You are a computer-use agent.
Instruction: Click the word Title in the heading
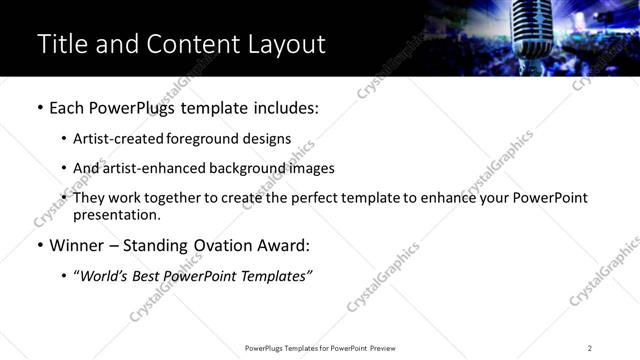click(61, 44)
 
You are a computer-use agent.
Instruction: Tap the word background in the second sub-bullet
click(239, 168)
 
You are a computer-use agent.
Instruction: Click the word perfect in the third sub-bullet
click(306, 198)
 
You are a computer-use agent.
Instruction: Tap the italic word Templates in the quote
click(279, 275)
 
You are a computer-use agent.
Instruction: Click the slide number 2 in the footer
click(590, 347)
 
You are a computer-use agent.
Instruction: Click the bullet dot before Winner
click(40, 246)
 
